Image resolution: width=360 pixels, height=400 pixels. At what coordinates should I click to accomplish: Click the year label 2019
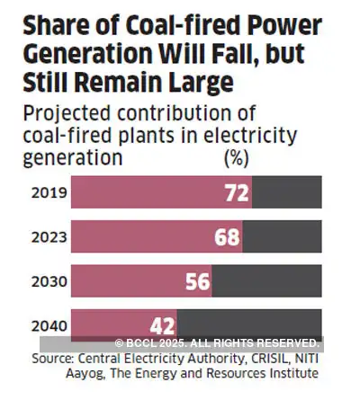[47, 192]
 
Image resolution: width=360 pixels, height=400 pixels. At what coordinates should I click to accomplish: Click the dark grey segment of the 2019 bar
[286, 193]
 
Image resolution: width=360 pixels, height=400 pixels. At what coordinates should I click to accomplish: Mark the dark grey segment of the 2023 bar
[282, 236]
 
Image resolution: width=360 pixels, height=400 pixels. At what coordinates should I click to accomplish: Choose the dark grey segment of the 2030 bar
[265, 280]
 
